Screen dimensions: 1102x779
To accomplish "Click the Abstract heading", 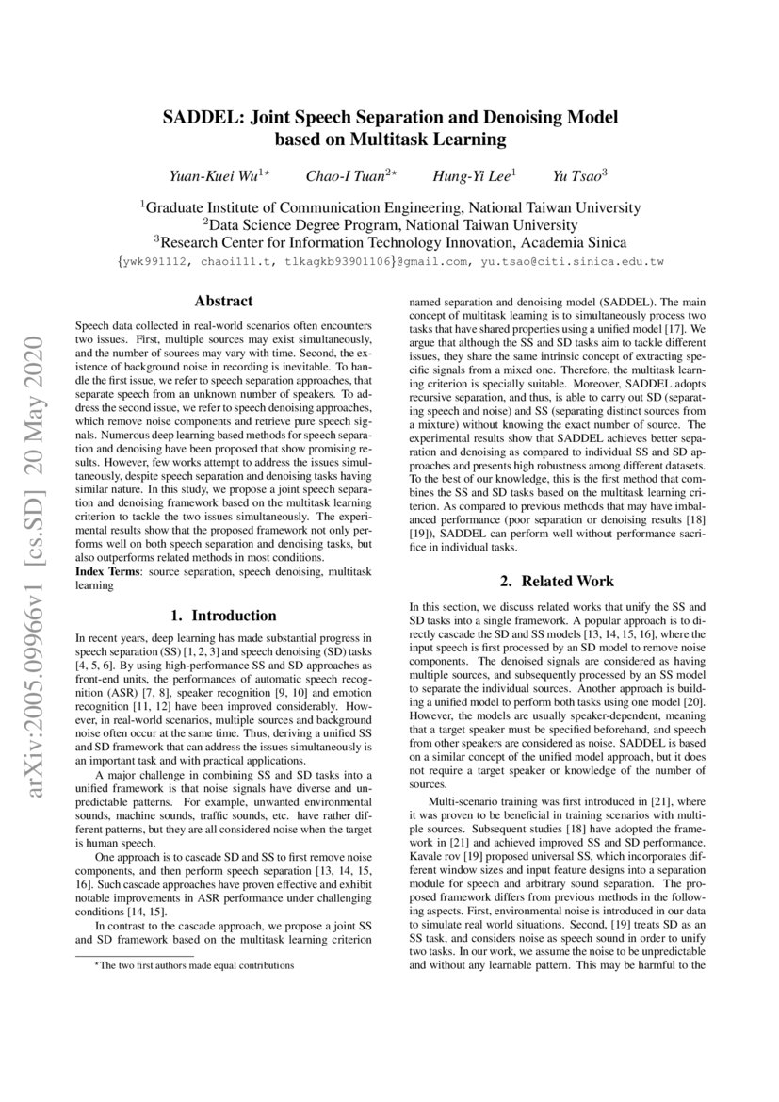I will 222,302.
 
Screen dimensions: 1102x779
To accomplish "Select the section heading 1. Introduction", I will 222,616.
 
